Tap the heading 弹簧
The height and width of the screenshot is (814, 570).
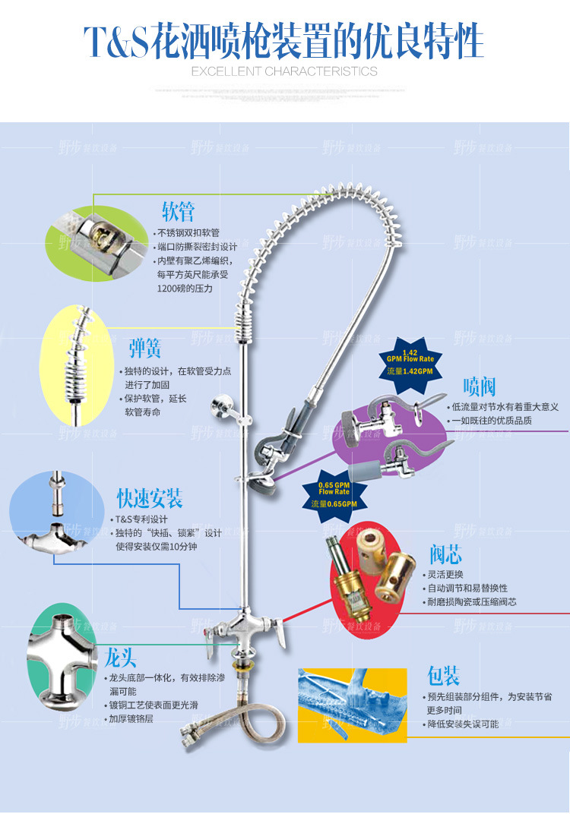145,349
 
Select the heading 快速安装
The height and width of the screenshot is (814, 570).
150,499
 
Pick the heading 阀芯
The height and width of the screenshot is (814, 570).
445,553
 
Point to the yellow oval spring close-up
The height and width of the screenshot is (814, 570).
78,364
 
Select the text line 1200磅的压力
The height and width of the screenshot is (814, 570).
185,289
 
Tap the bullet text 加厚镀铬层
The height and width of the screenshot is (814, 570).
130,718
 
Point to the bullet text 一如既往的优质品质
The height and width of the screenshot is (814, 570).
491,421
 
